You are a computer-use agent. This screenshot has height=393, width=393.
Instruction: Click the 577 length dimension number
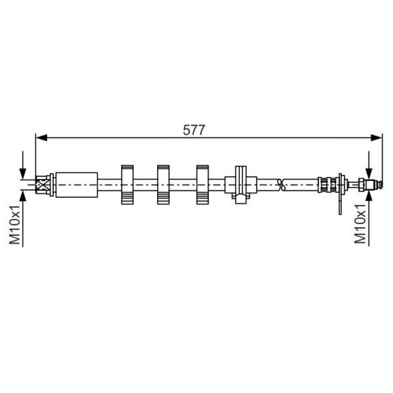[194, 130]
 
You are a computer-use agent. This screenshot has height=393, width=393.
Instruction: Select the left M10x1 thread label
[15, 224]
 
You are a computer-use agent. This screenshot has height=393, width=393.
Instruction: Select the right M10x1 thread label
[360, 224]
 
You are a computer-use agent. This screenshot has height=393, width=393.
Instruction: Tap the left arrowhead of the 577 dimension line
[42, 138]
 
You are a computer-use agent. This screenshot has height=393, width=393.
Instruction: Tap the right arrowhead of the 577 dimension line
[376, 138]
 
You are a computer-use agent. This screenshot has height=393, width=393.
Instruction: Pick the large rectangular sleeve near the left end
[77, 185]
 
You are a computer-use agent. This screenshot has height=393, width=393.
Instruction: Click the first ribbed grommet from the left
[127, 184]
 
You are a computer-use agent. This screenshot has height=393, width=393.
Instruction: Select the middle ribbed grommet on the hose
[163, 184]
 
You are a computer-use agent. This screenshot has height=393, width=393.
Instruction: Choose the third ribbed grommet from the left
[202, 184]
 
